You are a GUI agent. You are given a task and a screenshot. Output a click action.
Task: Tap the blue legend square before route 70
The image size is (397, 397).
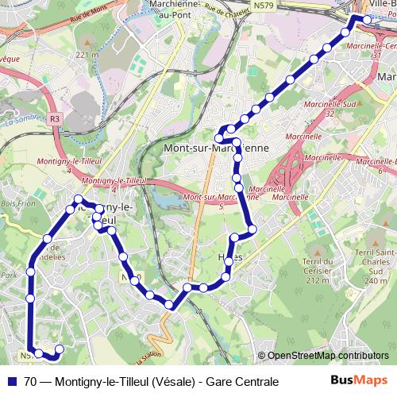[13, 382]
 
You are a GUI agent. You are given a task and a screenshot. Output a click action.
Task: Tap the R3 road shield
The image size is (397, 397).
[54, 118]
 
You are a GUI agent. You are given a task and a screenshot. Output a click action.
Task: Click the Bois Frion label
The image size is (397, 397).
[12, 205]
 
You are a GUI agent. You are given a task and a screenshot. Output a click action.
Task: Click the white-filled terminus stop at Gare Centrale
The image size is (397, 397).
[356, 19]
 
